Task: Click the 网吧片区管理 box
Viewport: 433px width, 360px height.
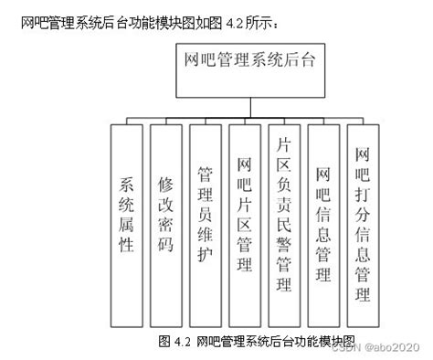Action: (245, 220)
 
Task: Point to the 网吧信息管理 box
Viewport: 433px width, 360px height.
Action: (322, 220)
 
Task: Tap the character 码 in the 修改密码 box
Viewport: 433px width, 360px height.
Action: (166, 246)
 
